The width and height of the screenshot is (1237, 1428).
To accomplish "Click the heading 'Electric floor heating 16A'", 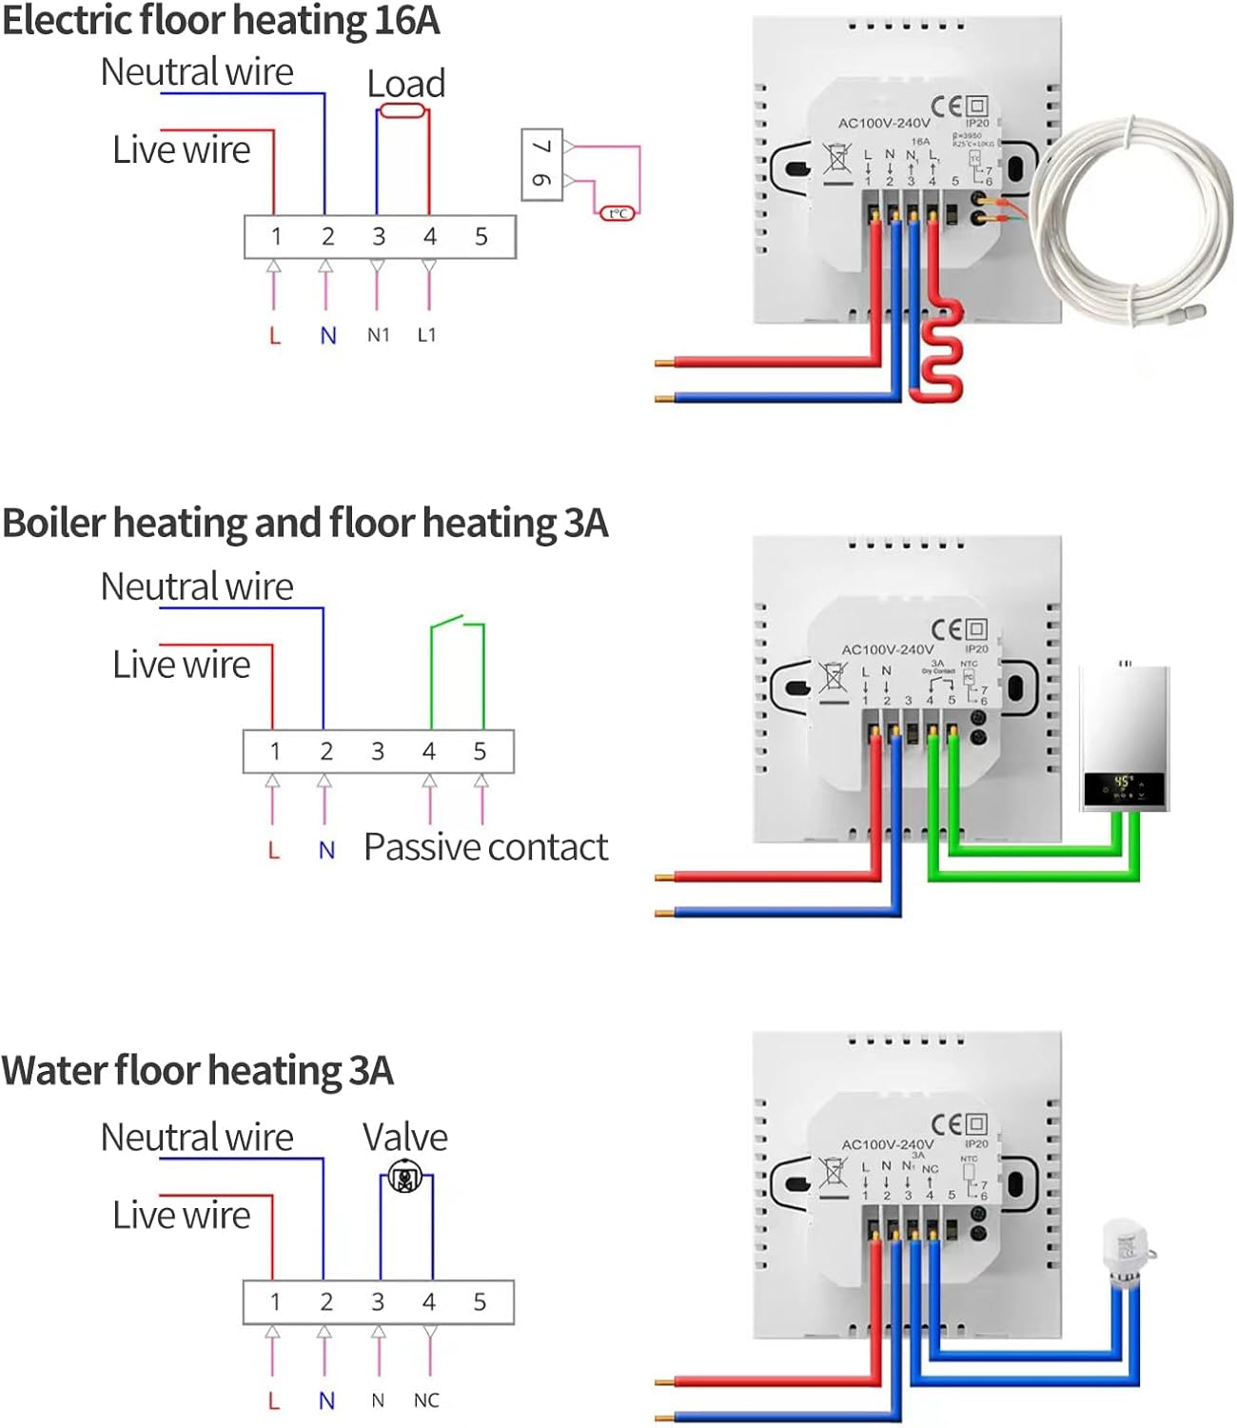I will (x=221, y=21).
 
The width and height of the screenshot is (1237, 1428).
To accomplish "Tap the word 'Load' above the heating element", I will (x=406, y=84).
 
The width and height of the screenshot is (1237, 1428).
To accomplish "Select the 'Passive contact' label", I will (x=485, y=847).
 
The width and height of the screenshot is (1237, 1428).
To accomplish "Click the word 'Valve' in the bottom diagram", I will (x=404, y=1138).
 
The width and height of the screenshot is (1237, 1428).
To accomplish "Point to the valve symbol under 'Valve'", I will (x=406, y=1178).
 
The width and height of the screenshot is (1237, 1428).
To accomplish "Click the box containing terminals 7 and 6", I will (x=542, y=165).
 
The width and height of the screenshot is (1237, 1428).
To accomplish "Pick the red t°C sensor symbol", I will (x=617, y=213).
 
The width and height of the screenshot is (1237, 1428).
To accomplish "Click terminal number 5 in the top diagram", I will (x=481, y=237).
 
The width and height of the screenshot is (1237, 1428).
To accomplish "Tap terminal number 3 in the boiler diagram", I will (x=378, y=751).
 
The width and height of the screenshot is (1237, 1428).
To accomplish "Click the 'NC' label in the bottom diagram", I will (x=426, y=1400).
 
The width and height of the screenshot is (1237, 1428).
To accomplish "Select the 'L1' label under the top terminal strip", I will (x=426, y=335).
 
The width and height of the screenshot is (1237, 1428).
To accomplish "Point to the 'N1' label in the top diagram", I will (x=379, y=335).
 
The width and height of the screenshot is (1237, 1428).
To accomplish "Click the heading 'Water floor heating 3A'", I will (x=198, y=1071).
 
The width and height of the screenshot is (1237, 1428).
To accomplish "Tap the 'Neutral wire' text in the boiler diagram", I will (x=197, y=586).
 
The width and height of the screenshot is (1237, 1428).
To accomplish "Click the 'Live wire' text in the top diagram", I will (x=181, y=150).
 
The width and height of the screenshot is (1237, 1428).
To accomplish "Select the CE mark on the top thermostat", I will (x=946, y=106).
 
